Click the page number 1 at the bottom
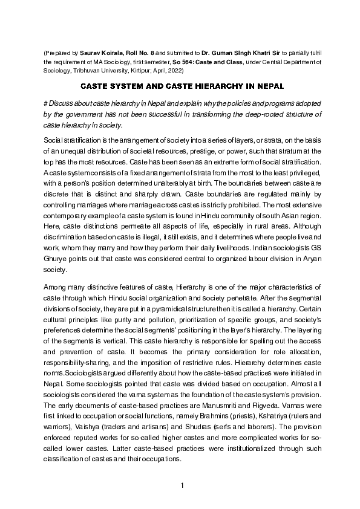(x=180, y=485)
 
